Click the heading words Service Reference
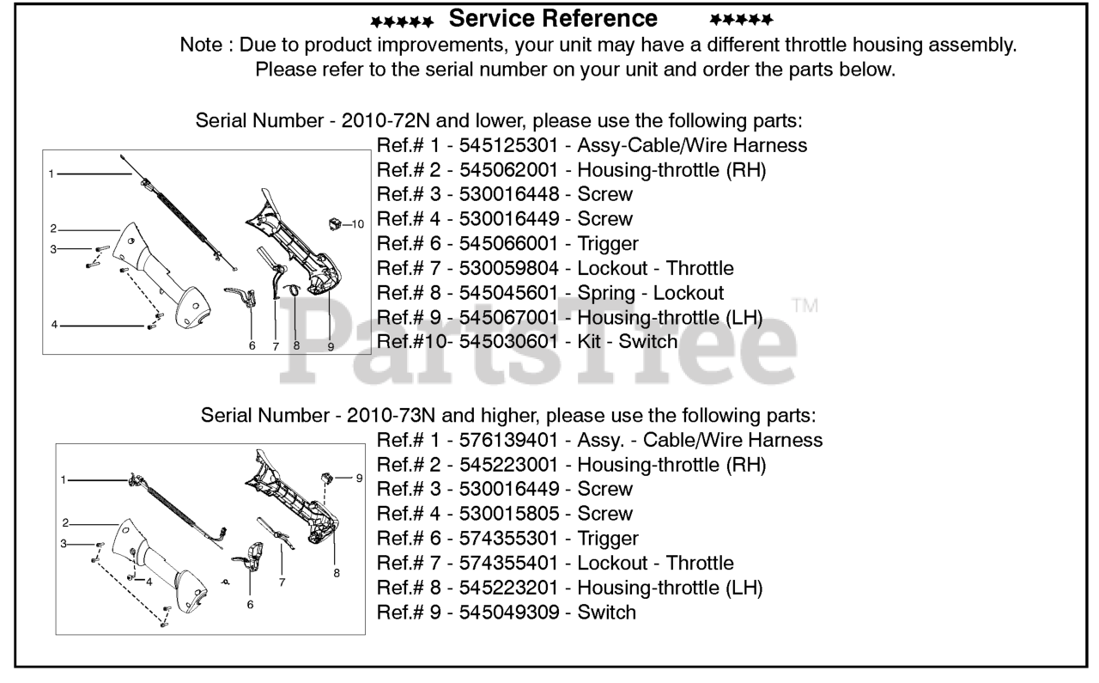point(554,18)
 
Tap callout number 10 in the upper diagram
point(358,223)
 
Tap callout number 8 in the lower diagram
point(336,571)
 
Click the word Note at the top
point(199,46)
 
